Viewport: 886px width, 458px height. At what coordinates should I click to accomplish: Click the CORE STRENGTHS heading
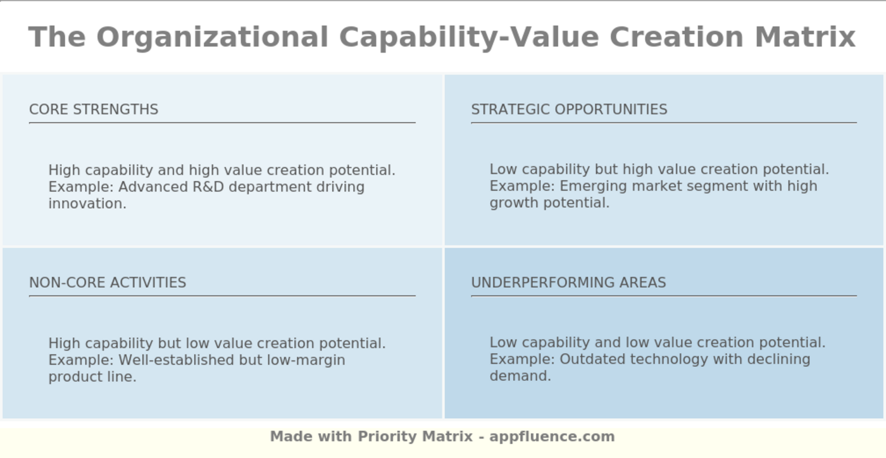[x=94, y=109]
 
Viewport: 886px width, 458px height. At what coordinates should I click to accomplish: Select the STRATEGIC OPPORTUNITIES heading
[x=569, y=109]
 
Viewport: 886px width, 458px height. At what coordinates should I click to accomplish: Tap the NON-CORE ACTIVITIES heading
[x=108, y=283]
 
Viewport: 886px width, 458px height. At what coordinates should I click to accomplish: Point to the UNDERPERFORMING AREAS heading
[x=568, y=283]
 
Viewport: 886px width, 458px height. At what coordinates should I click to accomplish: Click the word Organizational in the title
[x=212, y=37]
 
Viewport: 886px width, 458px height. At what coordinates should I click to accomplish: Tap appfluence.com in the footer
[x=552, y=436]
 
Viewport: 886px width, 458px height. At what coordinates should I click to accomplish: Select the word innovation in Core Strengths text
[x=86, y=204]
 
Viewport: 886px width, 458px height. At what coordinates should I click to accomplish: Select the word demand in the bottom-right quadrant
[x=518, y=376]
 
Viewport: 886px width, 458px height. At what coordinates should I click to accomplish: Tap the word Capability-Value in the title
[x=469, y=37]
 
